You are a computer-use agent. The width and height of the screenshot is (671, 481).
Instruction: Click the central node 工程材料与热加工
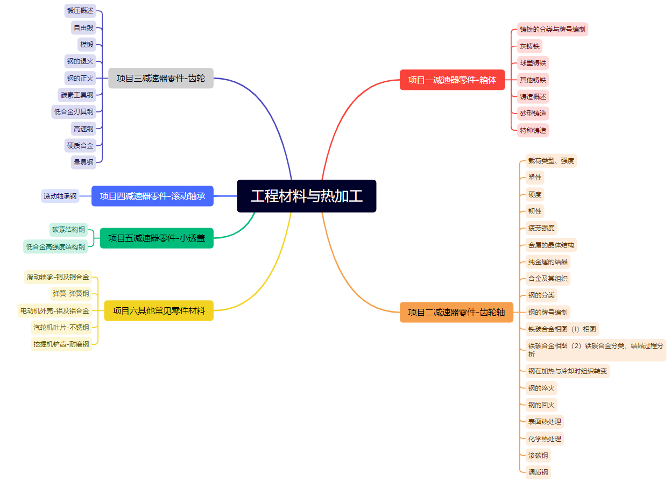(306, 196)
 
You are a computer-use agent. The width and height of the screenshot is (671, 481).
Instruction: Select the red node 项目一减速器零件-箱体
(452, 80)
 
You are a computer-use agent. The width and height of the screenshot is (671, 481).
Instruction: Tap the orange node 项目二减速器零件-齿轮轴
(456, 312)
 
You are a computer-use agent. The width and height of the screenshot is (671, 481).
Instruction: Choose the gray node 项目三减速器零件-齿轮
(161, 78)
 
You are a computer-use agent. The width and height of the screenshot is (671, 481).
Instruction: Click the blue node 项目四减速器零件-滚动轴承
(152, 196)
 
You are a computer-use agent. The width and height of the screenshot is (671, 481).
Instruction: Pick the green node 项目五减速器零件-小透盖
(157, 238)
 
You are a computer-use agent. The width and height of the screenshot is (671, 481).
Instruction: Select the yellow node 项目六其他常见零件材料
(159, 310)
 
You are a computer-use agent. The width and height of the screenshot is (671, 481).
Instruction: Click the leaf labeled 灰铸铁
(529, 46)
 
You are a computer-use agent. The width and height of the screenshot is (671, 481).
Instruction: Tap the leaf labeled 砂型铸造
(533, 113)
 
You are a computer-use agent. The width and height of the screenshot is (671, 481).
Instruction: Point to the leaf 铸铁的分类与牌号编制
(552, 29)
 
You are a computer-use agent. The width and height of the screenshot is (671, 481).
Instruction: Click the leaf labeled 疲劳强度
(541, 228)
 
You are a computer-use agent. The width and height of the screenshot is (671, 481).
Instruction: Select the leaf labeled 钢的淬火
(541, 388)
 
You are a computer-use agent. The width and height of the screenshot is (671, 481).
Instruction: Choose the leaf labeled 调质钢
(538, 472)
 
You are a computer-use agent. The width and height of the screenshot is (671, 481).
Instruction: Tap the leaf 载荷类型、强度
(551, 160)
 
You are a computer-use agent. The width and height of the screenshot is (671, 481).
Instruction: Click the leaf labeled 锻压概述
(80, 11)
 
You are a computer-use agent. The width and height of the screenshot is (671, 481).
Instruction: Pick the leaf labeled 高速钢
(83, 129)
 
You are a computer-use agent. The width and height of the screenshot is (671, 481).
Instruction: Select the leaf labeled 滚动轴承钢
(60, 196)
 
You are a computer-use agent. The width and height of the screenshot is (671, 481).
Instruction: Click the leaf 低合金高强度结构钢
(55, 246)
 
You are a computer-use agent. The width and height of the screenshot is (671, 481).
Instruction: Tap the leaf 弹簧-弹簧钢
(70, 293)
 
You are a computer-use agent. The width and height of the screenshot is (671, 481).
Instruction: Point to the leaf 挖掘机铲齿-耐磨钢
(61, 344)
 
